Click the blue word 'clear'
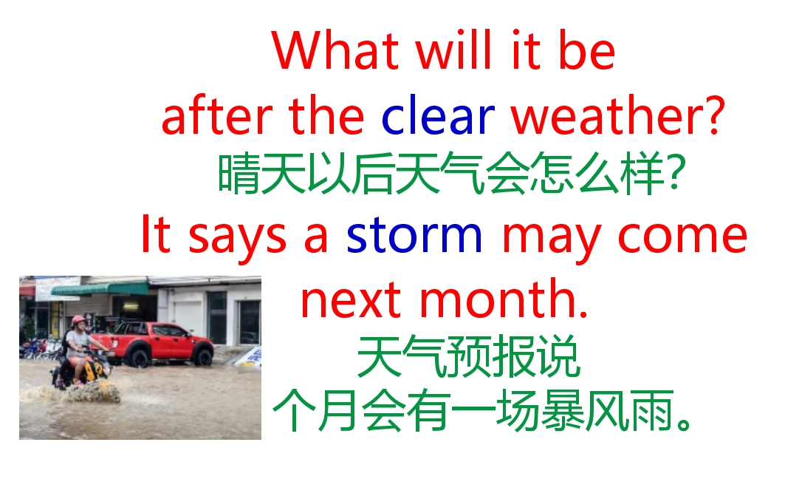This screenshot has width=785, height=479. click(438, 116)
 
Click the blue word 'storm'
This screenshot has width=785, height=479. click(414, 236)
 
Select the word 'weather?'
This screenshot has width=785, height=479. click(617, 116)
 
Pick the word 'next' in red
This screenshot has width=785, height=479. click(352, 302)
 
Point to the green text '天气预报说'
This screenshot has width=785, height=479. click(468, 359)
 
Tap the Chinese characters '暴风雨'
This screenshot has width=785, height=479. click(607, 414)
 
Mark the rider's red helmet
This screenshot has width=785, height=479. click(78, 321)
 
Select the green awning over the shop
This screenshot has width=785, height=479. click(100, 288)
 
